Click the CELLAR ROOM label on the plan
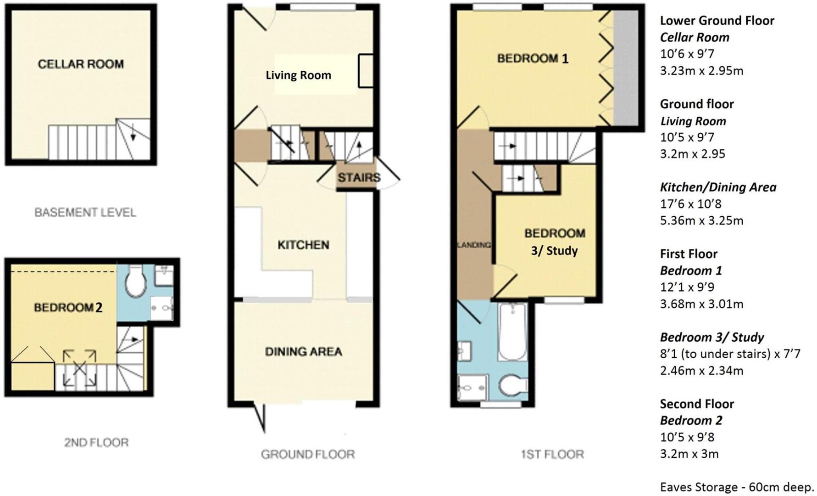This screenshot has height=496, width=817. click(x=81, y=64)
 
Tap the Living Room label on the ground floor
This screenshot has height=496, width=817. click(x=298, y=75)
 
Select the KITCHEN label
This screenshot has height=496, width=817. click(x=303, y=245)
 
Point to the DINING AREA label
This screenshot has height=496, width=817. click(x=303, y=352)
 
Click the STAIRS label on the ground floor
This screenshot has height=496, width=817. click(x=359, y=177)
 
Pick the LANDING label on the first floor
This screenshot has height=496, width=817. click(x=474, y=245)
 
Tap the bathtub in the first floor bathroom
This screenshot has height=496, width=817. click(x=512, y=332)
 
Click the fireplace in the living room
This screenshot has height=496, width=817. click(x=366, y=70)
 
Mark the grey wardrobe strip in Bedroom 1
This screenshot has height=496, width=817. click(x=626, y=68)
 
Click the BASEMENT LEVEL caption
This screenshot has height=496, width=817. click(x=85, y=213)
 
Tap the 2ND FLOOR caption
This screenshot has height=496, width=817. click(x=96, y=443)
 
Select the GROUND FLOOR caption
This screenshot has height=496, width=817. click(x=308, y=455)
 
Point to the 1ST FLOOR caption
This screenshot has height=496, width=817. click(x=552, y=455)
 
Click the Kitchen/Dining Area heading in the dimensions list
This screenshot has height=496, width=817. click(x=718, y=187)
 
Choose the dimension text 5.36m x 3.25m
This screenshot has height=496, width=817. click(x=701, y=221)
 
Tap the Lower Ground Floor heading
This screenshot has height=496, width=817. click(x=717, y=21)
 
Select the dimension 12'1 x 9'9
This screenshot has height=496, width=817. click(x=687, y=287)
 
